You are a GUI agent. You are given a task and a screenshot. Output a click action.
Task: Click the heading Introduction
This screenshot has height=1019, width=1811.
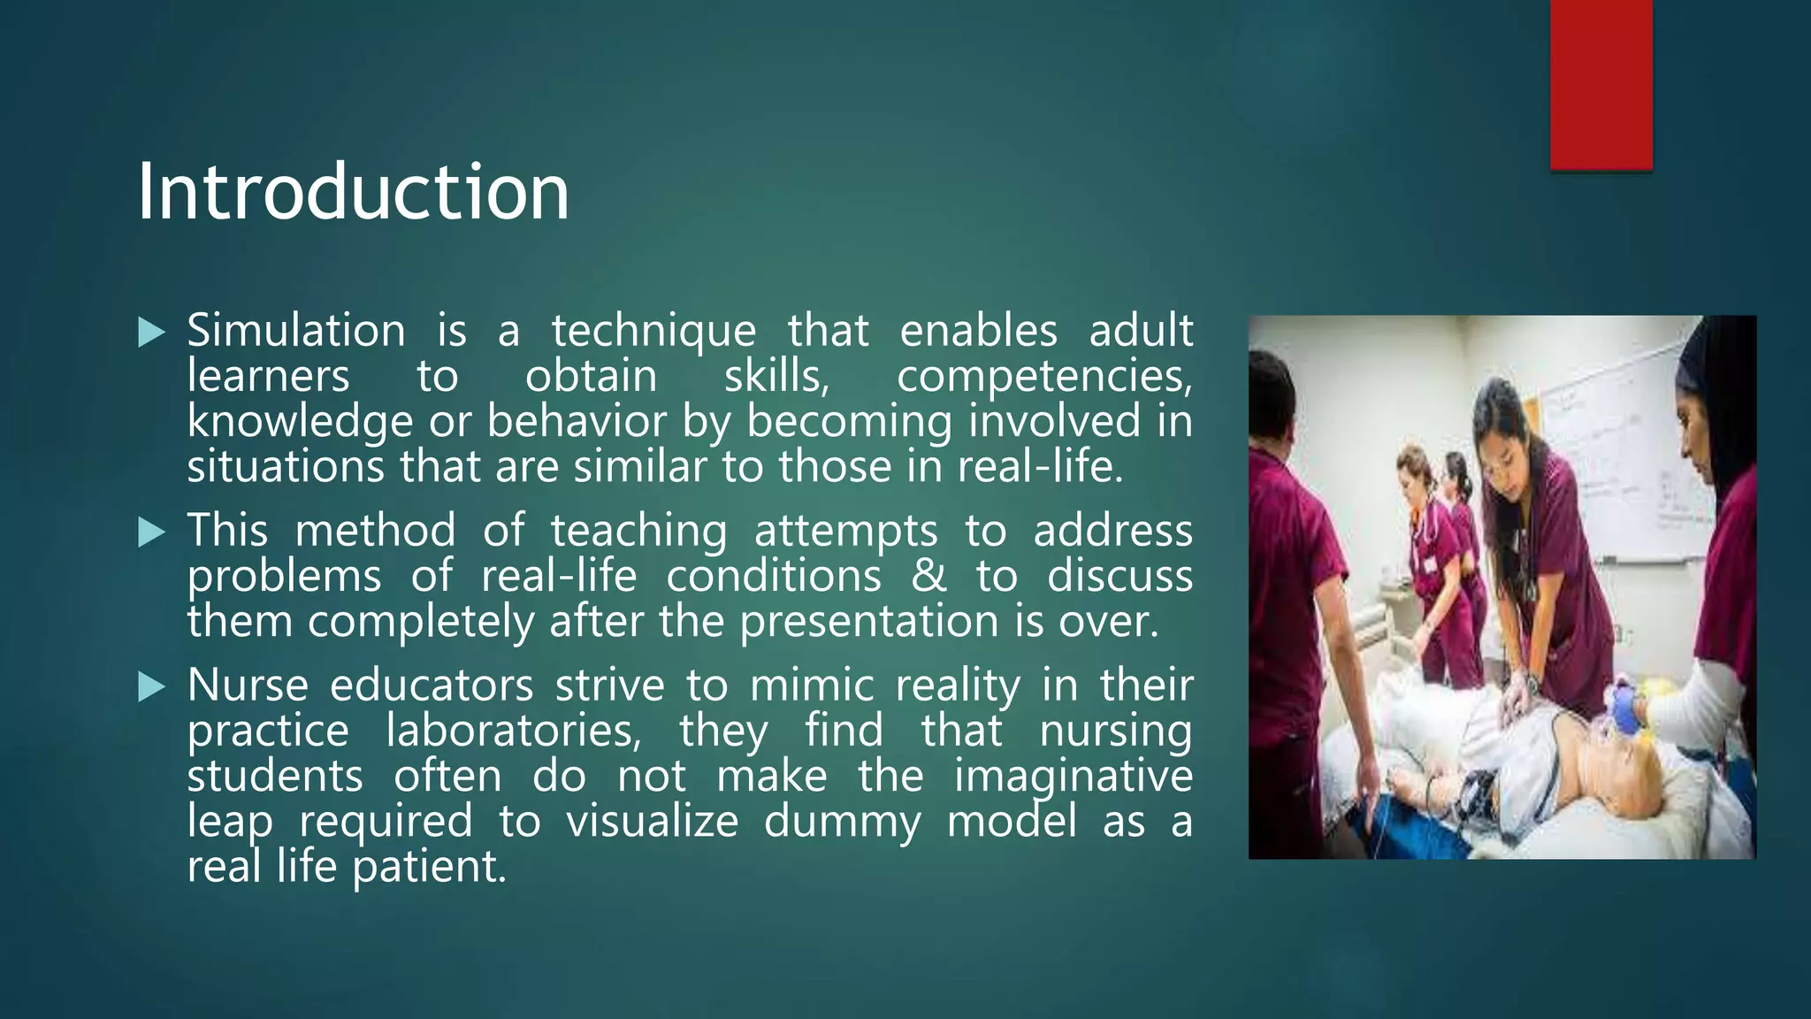[x=354, y=192]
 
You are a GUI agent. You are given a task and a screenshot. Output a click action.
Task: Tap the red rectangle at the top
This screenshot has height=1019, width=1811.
[x=1601, y=84]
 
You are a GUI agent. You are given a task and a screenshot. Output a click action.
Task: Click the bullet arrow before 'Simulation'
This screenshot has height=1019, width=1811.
[x=152, y=333]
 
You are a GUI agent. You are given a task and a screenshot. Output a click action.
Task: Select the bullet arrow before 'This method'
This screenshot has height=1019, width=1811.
[x=152, y=532]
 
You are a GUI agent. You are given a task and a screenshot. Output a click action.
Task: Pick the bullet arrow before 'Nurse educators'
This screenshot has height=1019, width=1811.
[x=152, y=687]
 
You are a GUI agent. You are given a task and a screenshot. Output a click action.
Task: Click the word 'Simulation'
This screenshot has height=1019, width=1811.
[x=295, y=332]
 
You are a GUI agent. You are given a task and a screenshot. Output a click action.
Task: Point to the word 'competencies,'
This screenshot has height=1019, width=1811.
[x=1044, y=377]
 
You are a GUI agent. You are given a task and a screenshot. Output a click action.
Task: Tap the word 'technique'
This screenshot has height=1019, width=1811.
[x=653, y=332]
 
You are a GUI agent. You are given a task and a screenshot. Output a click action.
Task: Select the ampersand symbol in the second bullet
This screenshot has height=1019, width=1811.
[x=928, y=577]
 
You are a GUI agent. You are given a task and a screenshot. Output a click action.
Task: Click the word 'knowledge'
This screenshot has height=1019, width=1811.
[x=300, y=422]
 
